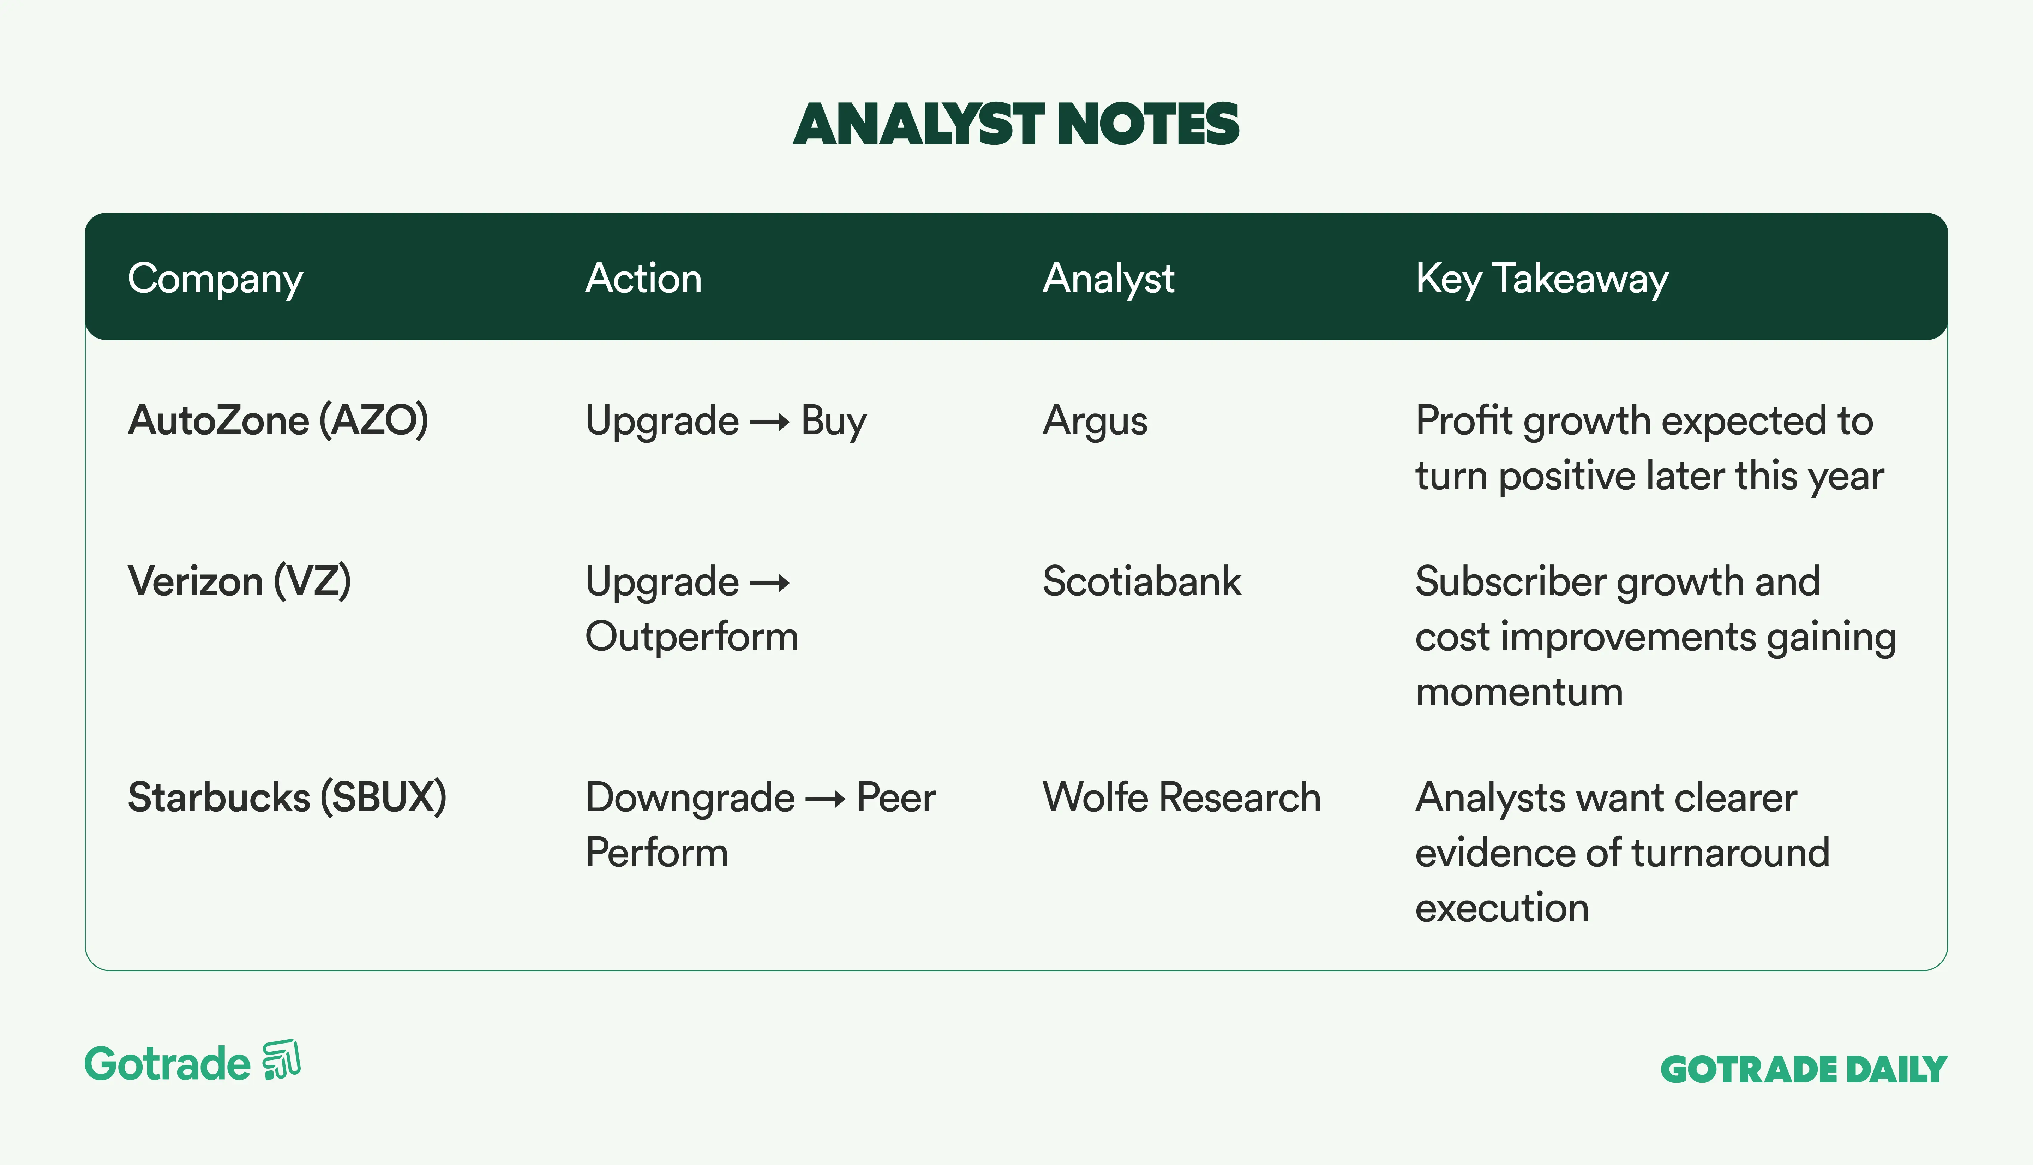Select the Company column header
point(215,279)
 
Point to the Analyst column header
point(1109,279)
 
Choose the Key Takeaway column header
point(1542,279)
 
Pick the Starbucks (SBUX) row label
point(287,798)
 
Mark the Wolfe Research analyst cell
point(1181,798)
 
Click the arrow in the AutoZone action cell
point(769,423)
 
